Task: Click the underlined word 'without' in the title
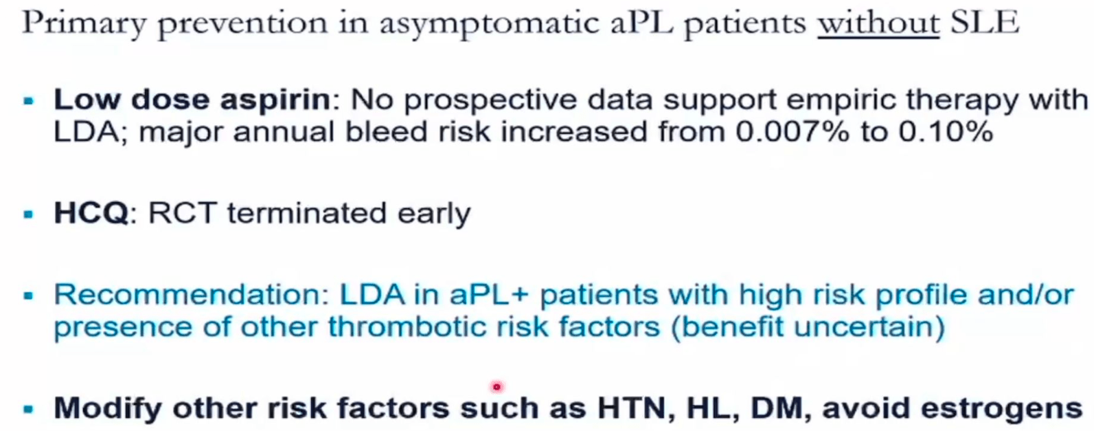click(878, 23)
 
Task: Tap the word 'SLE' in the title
click(985, 22)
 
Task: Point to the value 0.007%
click(793, 132)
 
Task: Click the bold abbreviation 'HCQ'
click(91, 213)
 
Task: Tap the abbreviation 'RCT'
click(182, 213)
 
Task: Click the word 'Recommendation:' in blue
click(192, 295)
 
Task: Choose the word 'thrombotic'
click(407, 326)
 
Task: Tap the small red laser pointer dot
click(497, 387)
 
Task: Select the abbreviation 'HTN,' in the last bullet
click(637, 408)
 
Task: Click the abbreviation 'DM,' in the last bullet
click(782, 408)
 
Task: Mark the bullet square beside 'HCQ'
click(29, 214)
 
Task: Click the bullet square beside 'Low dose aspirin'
click(29, 101)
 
